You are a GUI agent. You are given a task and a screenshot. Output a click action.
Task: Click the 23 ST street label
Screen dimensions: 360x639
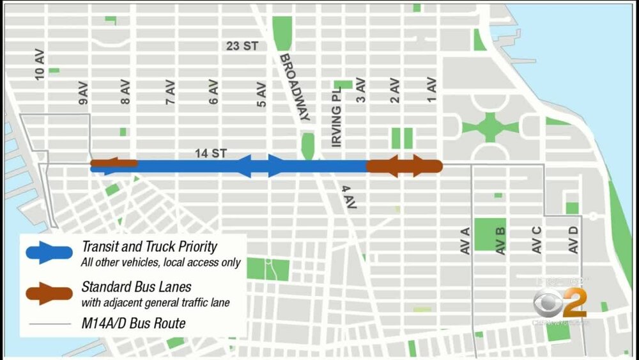click(x=242, y=46)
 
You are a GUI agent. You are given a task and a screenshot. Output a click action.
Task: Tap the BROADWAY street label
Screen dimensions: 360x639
click(x=295, y=86)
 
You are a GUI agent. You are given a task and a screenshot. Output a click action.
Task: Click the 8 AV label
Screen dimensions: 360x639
click(x=126, y=91)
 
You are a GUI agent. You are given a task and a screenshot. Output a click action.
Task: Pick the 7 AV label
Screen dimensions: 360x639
click(x=170, y=91)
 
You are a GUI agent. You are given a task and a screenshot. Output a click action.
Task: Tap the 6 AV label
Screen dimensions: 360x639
click(x=214, y=91)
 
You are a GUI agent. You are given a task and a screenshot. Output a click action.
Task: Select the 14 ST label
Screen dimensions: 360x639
click(x=212, y=154)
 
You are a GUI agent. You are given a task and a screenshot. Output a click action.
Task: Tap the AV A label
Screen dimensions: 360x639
click(x=466, y=240)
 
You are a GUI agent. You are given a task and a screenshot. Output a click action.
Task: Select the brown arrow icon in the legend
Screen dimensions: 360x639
click(x=50, y=293)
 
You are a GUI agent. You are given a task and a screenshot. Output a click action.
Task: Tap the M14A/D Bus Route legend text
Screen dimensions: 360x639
click(x=134, y=324)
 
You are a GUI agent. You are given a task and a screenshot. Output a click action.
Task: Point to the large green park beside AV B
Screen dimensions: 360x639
click(x=489, y=235)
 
